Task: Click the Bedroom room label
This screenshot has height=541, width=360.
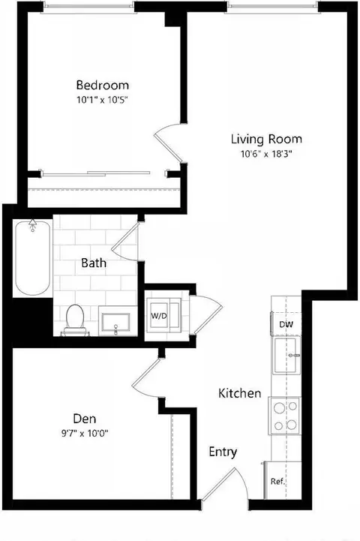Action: tap(103, 85)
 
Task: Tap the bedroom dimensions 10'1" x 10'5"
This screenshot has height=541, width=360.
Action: tap(103, 100)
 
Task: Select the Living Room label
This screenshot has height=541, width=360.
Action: tap(266, 139)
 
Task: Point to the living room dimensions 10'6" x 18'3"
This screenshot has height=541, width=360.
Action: tap(266, 154)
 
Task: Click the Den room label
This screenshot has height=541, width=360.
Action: tap(85, 419)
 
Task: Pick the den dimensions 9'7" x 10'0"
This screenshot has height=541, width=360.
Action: tap(85, 434)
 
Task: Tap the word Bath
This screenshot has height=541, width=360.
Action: tap(94, 263)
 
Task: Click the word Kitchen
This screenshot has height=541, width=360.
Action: tap(240, 393)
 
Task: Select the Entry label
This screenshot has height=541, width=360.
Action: tap(223, 452)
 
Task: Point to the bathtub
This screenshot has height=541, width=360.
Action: tap(33, 257)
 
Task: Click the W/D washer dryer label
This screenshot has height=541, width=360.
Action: tap(159, 316)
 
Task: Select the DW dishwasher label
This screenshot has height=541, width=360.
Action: tap(286, 324)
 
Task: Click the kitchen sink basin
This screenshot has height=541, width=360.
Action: tap(286, 355)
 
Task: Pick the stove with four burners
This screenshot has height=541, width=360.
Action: tap(285, 416)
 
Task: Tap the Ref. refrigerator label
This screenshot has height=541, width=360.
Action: tap(278, 481)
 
